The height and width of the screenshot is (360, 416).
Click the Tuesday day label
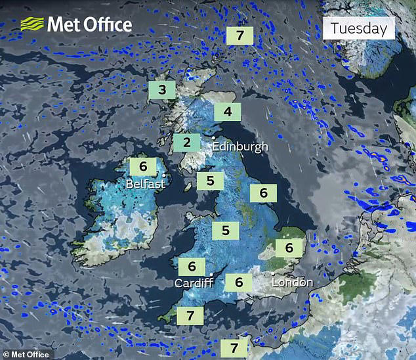358,28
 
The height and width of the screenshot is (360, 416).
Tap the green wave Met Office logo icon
31,25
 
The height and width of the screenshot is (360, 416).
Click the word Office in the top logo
107,25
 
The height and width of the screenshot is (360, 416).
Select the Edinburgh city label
243,146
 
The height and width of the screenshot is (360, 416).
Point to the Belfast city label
145,184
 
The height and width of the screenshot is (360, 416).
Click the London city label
293,282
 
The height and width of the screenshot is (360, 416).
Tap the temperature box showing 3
161,90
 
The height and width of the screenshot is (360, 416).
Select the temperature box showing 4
228,112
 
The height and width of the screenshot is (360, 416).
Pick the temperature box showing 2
187,142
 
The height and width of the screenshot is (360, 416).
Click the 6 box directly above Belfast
142,167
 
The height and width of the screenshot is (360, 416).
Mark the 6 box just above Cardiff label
192,267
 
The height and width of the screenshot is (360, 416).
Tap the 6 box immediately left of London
239,282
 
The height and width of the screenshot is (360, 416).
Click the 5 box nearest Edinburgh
210,180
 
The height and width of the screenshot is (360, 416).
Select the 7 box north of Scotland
239,35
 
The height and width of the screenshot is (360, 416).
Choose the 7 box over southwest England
190,315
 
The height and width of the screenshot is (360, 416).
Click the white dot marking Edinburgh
214,139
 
